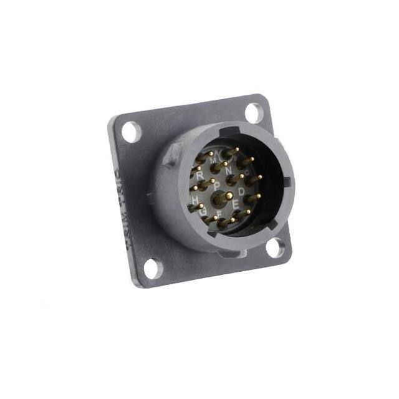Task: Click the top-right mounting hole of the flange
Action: (x=254, y=113)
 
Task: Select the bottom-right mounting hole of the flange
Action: (x=274, y=248)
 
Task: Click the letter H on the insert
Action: (x=195, y=199)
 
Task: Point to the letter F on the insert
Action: (x=219, y=215)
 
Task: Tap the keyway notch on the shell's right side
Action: (x=287, y=183)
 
